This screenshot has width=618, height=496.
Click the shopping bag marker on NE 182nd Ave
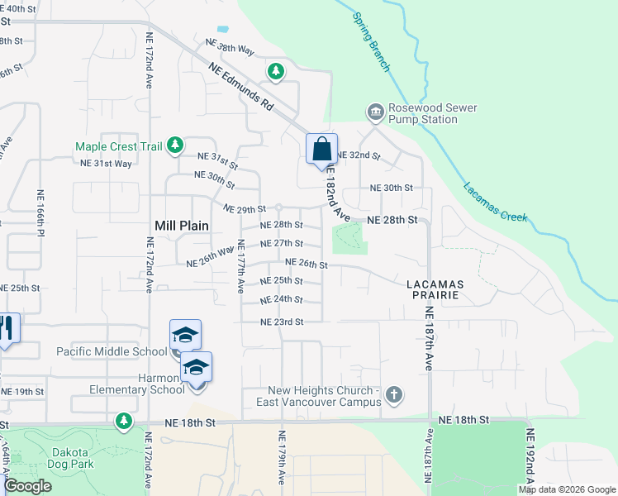tap(322, 150)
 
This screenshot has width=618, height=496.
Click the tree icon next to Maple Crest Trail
tap(174, 146)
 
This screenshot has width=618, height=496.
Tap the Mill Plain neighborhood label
tap(182, 225)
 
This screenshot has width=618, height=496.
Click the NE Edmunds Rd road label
tap(240, 88)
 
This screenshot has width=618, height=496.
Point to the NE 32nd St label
tap(358, 155)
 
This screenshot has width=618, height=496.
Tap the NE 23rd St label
tap(282, 322)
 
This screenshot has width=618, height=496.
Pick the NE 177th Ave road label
tap(241, 267)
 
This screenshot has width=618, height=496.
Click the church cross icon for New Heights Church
tap(394, 395)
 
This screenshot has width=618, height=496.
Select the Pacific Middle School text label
tap(112, 351)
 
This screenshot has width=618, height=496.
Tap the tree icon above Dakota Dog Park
tap(124, 422)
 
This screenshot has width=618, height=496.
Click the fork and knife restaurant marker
tap(7, 329)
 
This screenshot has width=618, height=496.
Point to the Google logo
tap(27, 486)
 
